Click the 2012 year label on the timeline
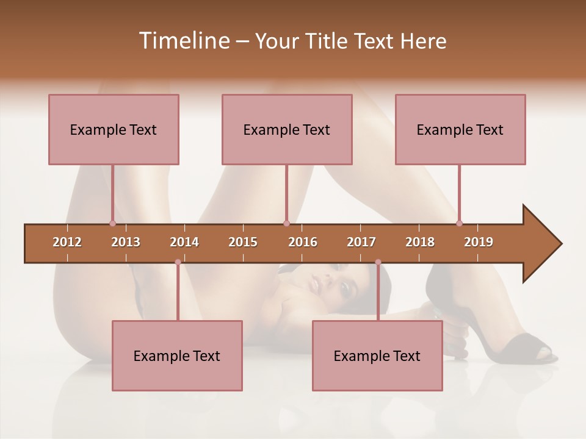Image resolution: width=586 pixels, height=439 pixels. pyautogui.click(x=67, y=242)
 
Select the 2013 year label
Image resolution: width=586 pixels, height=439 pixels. pyautogui.click(x=126, y=242)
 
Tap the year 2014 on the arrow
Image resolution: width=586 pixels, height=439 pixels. pyautogui.click(x=184, y=242)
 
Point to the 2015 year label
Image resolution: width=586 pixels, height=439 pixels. pyautogui.click(x=243, y=242)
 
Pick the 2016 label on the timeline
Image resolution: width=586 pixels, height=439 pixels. pyautogui.click(x=303, y=242)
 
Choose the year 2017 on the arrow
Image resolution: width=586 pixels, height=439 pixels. pyautogui.click(x=361, y=242)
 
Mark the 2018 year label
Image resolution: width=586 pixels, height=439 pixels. pyautogui.click(x=420, y=242)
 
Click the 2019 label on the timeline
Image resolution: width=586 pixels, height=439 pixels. pyautogui.click(x=479, y=242)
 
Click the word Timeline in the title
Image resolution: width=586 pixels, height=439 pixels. pyautogui.click(x=183, y=41)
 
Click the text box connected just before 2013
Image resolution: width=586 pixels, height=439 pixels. pyautogui.click(x=114, y=129)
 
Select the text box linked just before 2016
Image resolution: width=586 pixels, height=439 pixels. pyautogui.click(x=287, y=129)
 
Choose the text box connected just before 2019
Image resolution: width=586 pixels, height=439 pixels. pyautogui.click(x=460, y=129)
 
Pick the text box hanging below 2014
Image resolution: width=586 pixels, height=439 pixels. pyautogui.click(x=177, y=355)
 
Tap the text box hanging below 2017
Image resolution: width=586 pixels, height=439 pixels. pyautogui.click(x=377, y=355)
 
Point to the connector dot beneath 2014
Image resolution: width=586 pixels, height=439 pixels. pyautogui.click(x=178, y=262)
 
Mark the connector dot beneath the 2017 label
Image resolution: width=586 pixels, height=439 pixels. pyautogui.click(x=378, y=262)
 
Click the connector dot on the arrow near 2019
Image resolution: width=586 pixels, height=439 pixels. pyautogui.click(x=459, y=223)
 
